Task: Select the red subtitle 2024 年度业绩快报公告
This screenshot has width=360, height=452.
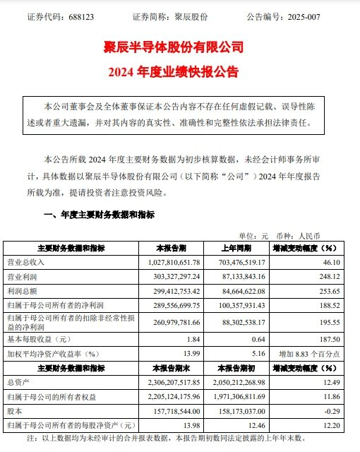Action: (x=180, y=72)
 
